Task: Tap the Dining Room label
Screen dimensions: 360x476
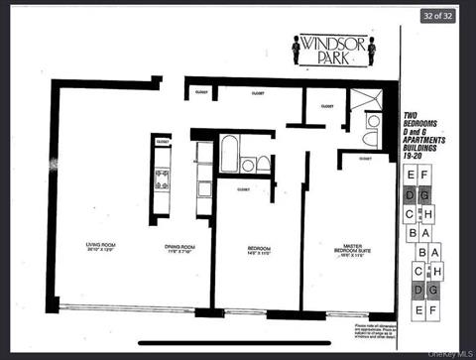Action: (179, 248)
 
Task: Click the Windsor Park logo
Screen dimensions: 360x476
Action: (335, 49)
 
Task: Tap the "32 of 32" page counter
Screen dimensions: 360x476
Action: (435, 15)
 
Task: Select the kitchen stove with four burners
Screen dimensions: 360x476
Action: (163, 178)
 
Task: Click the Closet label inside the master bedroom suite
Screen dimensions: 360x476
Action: (365, 159)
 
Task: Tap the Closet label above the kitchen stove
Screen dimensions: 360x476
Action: (162, 143)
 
